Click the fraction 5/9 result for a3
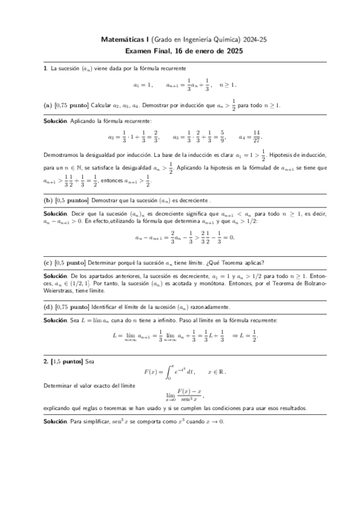tap(222, 136)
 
